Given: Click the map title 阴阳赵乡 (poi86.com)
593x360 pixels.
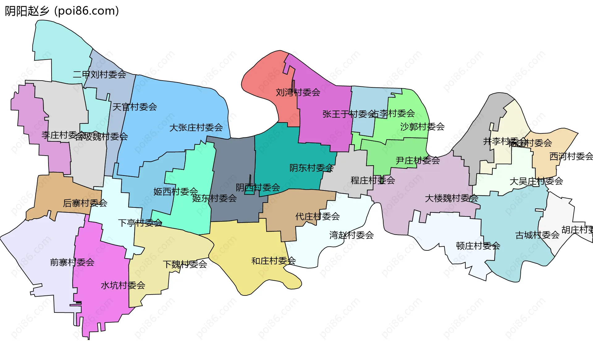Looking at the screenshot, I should [62, 11].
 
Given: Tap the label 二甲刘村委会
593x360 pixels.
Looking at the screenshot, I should [99, 74].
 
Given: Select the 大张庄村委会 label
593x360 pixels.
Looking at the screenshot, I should [196, 128].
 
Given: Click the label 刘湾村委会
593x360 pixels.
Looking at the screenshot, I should [298, 92].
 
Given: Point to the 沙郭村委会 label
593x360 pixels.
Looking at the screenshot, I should [422, 127].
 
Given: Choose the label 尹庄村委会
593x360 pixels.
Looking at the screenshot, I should [418, 161].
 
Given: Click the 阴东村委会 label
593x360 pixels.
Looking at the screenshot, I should [311, 168].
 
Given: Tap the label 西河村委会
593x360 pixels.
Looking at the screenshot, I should [571, 157].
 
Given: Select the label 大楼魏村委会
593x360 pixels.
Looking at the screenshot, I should [451, 198].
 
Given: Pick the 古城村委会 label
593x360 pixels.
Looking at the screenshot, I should [537, 235].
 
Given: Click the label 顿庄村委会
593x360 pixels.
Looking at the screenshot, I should [478, 246].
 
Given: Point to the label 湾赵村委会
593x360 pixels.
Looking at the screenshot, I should [351, 235].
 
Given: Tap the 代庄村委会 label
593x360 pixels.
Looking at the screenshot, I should [318, 216].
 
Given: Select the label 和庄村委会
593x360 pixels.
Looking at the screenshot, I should [273, 261].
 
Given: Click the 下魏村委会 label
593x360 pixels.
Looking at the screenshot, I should [185, 264].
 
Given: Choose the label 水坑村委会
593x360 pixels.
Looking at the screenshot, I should [123, 285].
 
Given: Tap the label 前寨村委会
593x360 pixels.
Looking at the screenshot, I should [72, 262].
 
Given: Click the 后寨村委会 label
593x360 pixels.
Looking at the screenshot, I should [85, 203].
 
